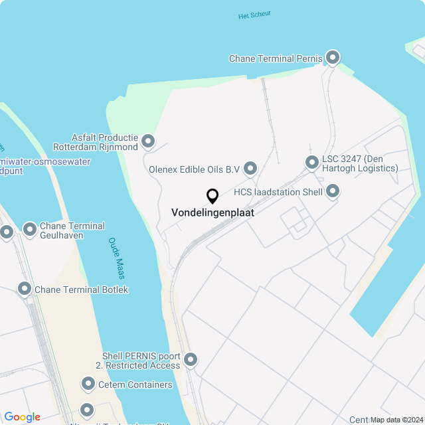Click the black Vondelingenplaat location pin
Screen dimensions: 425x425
(212, 197)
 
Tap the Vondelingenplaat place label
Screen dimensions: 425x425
(212, 213)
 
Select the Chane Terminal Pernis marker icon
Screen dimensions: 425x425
(333, 58)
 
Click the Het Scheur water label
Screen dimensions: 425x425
(254, 15)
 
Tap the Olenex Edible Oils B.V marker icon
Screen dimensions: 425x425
(250, 169)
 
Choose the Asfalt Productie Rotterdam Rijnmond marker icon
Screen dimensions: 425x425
(148, 141)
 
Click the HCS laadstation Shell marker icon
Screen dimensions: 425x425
(333, 192)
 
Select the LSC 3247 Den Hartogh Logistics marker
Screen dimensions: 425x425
(311, 162)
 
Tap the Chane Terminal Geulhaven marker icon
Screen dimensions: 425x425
(30, 230)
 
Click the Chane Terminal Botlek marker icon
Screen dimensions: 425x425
(25, 289)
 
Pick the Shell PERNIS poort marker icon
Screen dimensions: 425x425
(191, 360)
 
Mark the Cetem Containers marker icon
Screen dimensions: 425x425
(88, 384)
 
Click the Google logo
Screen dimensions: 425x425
(23, 417)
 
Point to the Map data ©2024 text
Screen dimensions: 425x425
(396, 420)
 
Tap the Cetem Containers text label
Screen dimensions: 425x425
(135, 384)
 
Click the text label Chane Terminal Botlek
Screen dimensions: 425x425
(81, 290)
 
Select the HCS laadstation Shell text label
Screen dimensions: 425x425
(278, 192)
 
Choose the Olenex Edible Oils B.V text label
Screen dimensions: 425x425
(194, 169)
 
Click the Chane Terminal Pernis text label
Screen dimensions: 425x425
(276, 58)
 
